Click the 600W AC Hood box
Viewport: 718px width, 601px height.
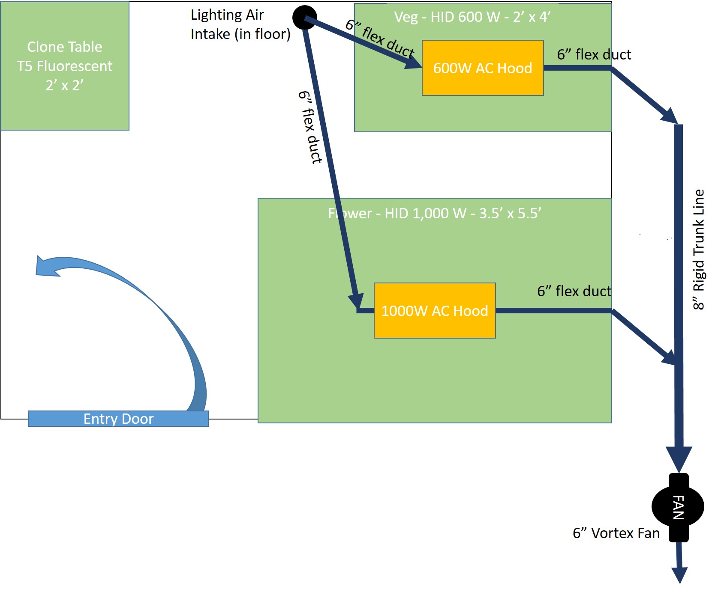point(483,68)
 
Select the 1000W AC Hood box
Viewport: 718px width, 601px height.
point(435,310)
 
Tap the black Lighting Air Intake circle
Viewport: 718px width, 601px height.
point(305,18)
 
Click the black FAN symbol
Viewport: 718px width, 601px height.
point(678,507)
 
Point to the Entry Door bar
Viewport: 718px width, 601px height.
point(118,419)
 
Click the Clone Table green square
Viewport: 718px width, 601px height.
point(65,66)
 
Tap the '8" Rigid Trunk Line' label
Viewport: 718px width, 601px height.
point(699,250)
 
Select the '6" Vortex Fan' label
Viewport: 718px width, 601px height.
point(616,533)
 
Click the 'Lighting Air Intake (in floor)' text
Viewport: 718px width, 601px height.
point(240,24)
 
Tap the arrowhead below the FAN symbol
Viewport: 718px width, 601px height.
point(679,575)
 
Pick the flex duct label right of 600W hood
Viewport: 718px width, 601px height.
point(594,54)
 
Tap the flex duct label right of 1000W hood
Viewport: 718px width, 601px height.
point(574,291)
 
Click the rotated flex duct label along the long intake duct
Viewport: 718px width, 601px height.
point(310,127)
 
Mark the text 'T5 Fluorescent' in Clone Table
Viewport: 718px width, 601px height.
point(65,66)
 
